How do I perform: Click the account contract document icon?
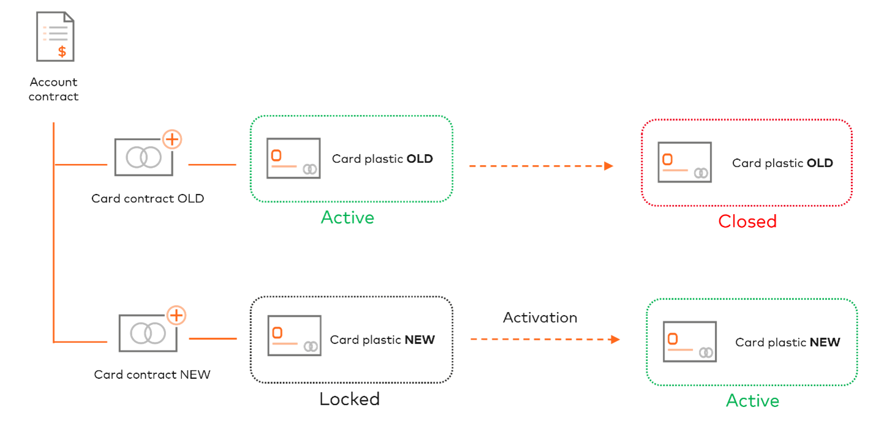[55, 37]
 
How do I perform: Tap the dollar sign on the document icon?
[62, 51]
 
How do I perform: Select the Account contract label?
[54, 89]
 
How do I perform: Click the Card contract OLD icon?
[143, 157]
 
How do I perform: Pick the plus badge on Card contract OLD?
[172, 140]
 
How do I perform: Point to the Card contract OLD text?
[148, 199]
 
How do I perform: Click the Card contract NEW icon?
[148, 333]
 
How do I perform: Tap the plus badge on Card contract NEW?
[176, 315]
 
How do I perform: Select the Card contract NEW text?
[152, 374]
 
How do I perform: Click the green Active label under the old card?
[347, 217]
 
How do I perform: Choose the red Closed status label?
[747, 221]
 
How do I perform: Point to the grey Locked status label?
[349, 400]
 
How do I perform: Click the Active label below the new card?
[752, 401]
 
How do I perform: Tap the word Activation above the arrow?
[540, 318]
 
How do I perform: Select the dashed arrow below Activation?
[545, 339]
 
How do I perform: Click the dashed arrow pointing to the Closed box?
[542, 166]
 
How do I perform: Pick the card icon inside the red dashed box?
[684, 162]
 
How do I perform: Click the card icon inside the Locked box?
[294, 335]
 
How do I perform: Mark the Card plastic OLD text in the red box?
[782, 163]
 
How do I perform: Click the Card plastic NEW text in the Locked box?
[382, 340]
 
